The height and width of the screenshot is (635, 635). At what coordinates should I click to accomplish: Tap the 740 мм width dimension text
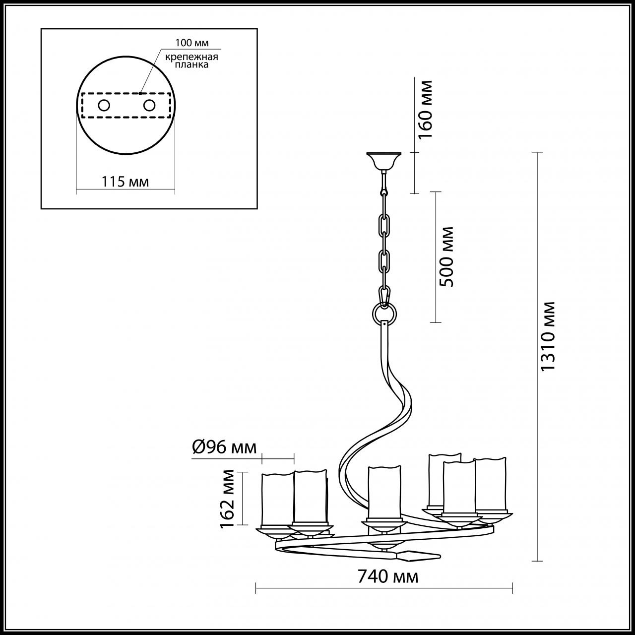click(387, 577)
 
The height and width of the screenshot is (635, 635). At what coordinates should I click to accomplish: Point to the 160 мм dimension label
click(426, 110)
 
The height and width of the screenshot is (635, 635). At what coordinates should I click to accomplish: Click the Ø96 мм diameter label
click(224, 447)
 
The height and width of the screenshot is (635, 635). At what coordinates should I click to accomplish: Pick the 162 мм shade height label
click(229, 499)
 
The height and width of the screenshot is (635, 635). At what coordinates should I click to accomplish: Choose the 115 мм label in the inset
click(125, 182)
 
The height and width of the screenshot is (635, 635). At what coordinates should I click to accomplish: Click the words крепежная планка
click(191, 61)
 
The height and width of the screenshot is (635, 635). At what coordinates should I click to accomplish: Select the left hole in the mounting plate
click(104, 105)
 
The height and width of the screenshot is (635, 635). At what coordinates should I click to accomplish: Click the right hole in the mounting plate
click(149, 105)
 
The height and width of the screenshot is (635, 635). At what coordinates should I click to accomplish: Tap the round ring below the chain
click(384, 314)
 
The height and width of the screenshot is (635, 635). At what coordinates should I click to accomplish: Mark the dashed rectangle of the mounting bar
click(126, 118)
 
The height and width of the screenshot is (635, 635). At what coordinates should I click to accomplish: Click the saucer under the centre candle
click(382, 524)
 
